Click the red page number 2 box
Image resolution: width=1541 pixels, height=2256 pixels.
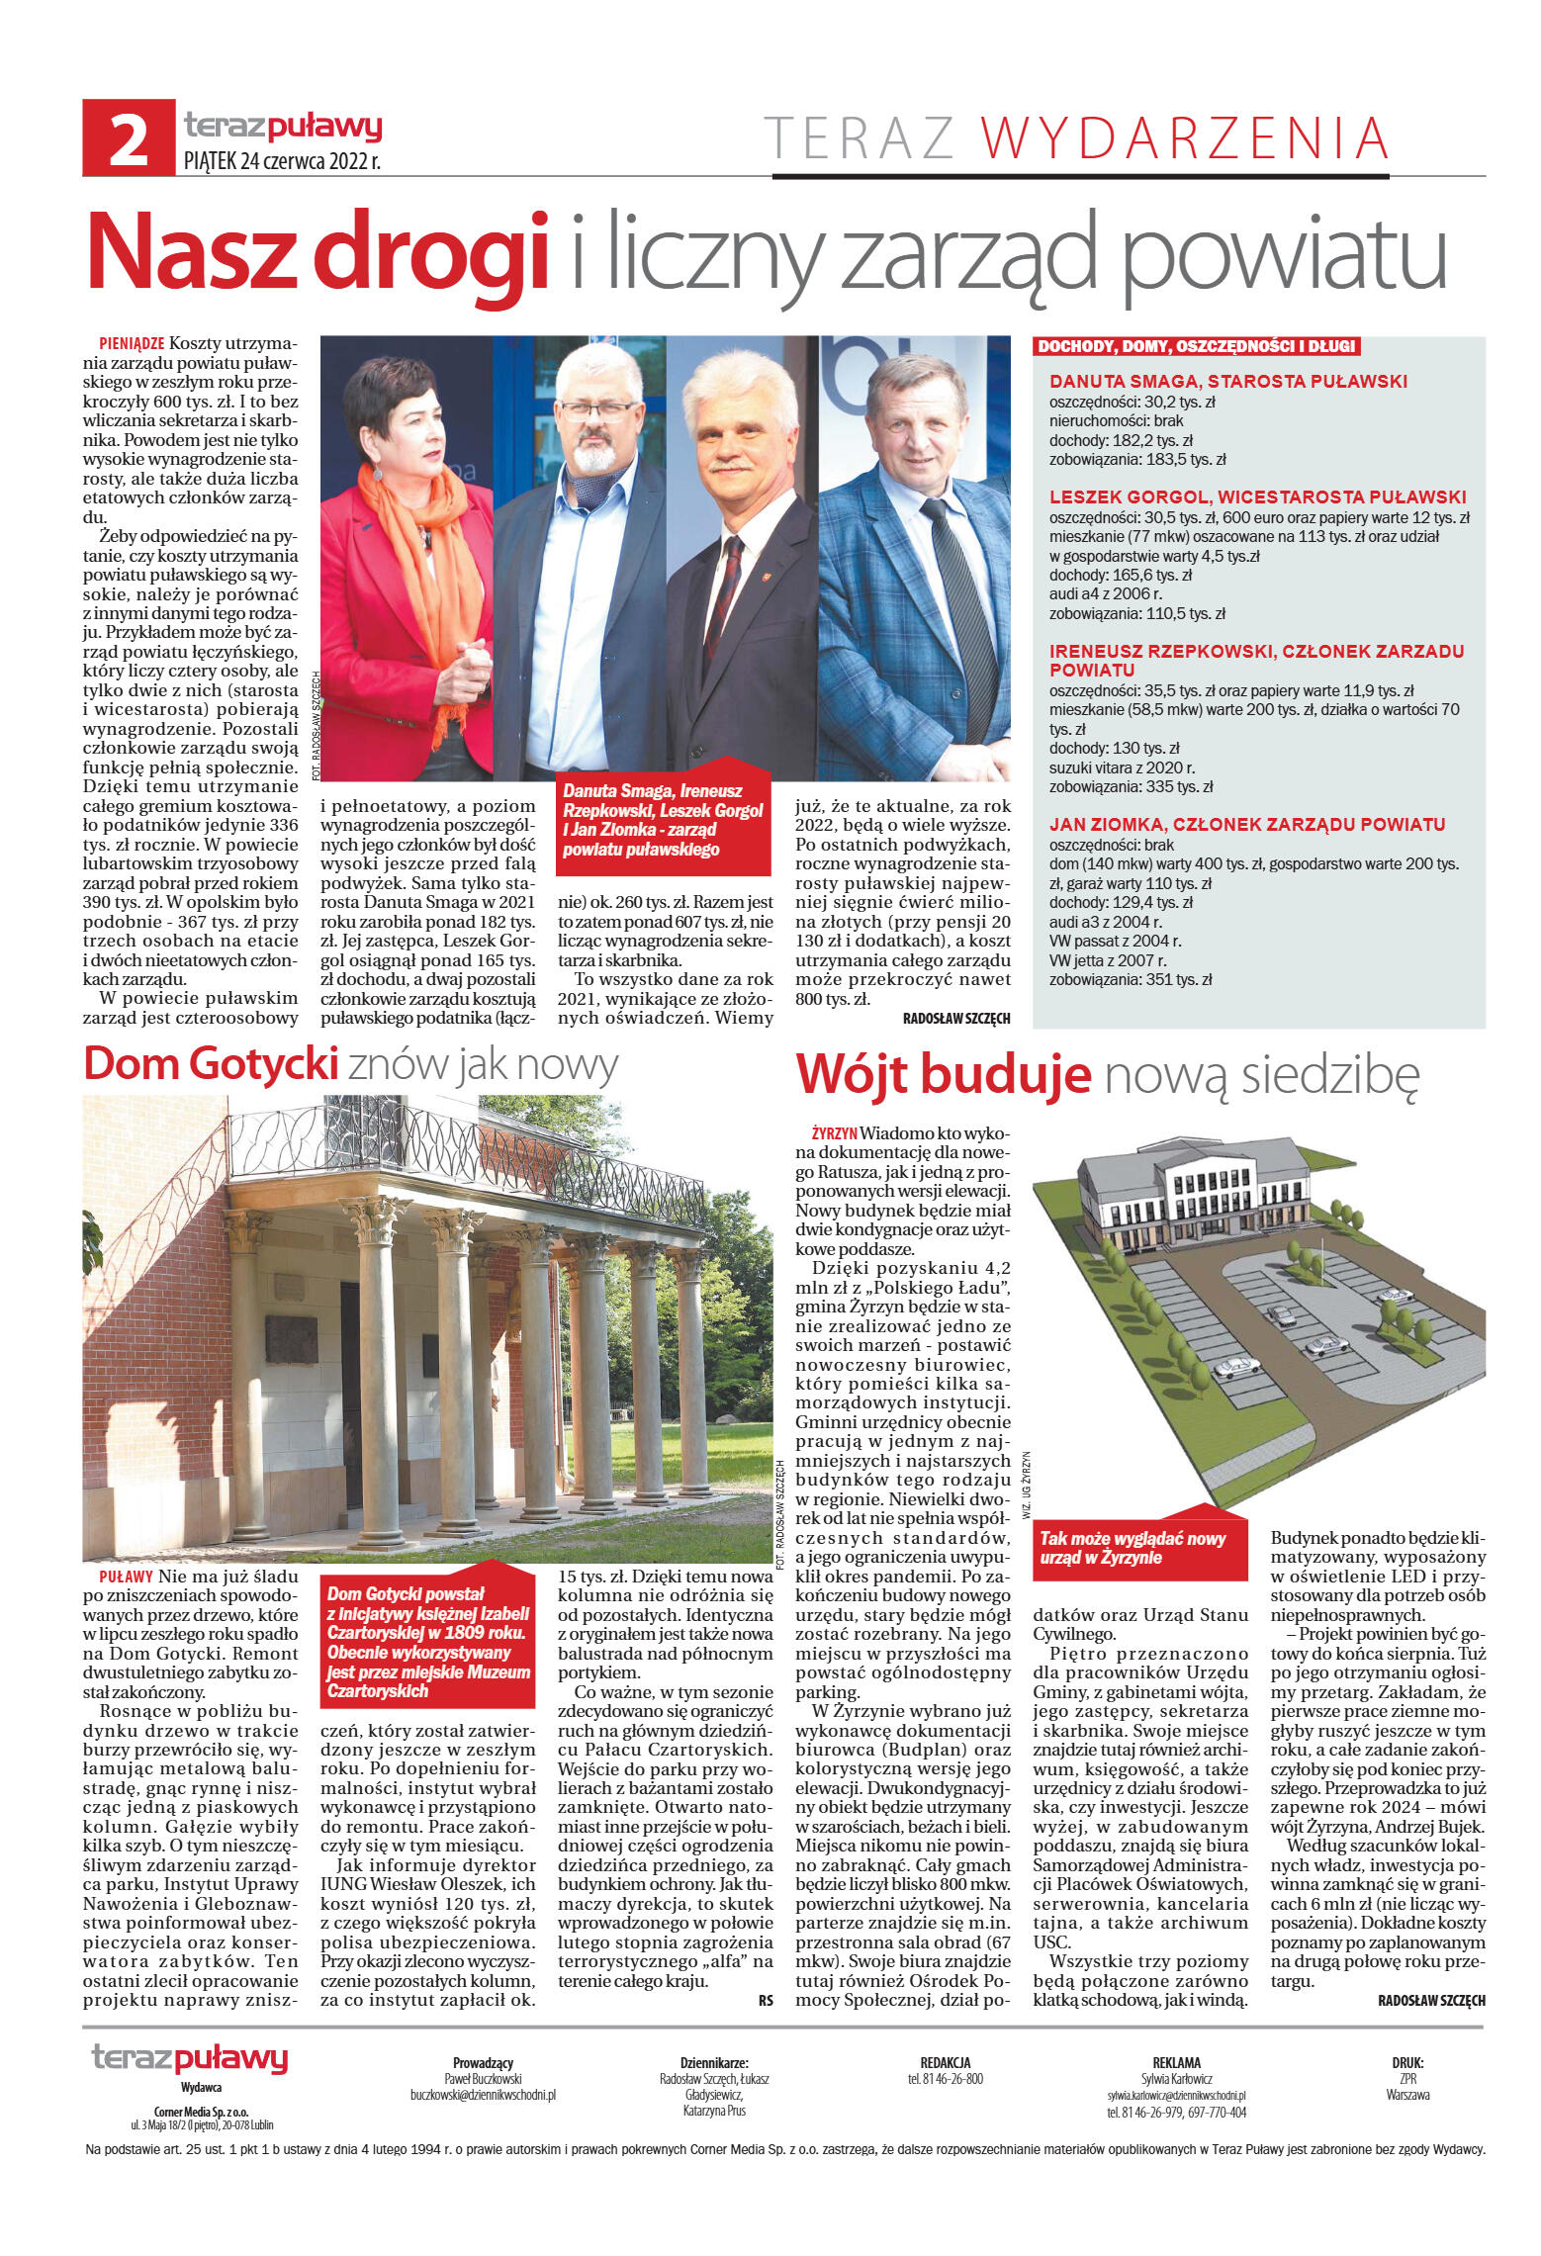click(x=129, y=138)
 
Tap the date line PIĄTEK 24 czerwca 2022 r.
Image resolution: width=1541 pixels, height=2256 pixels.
click(x=282, y=161)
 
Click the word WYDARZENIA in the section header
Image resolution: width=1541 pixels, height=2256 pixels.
click(x=1184, y=138)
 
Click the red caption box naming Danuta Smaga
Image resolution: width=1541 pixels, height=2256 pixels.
click(x=663, y=820)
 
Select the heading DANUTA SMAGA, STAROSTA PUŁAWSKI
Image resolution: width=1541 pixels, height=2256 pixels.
click(x=1227, y=382)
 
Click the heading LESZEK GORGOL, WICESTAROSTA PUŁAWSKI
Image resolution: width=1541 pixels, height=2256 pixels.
click(x=1257, y=497)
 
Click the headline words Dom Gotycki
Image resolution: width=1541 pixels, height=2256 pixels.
click(x=211, y=1064)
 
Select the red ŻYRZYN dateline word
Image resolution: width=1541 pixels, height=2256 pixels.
click(x=833, y=1133)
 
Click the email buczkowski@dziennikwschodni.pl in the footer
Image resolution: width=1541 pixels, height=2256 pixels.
click(x=483, y=2095)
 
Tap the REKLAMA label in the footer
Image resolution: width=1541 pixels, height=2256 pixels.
click(x=1176, y=2063)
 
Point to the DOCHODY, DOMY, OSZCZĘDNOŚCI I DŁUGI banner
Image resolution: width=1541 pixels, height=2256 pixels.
click(x=1196, y=346)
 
